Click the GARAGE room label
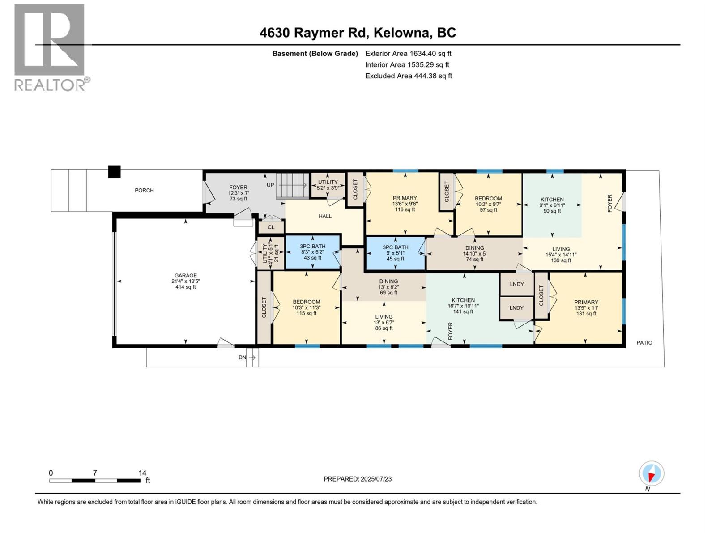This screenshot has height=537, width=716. click(186, 276)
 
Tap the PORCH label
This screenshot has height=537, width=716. click(144, 190)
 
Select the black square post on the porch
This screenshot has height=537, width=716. click(115, 172)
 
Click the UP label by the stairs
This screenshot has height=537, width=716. click(270, 185)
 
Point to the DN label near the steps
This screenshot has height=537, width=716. click(242, 358)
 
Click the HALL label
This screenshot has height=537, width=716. click(325, 216)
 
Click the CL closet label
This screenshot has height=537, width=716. click(271, 227)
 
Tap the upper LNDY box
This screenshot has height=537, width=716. click(517, 284)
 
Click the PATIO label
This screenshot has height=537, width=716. click(644, 343)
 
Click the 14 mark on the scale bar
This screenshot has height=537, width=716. click(142, 473)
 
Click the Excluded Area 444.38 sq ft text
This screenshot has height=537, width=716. click(408, 76)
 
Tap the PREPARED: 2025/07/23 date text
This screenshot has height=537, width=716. click(358, 479)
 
